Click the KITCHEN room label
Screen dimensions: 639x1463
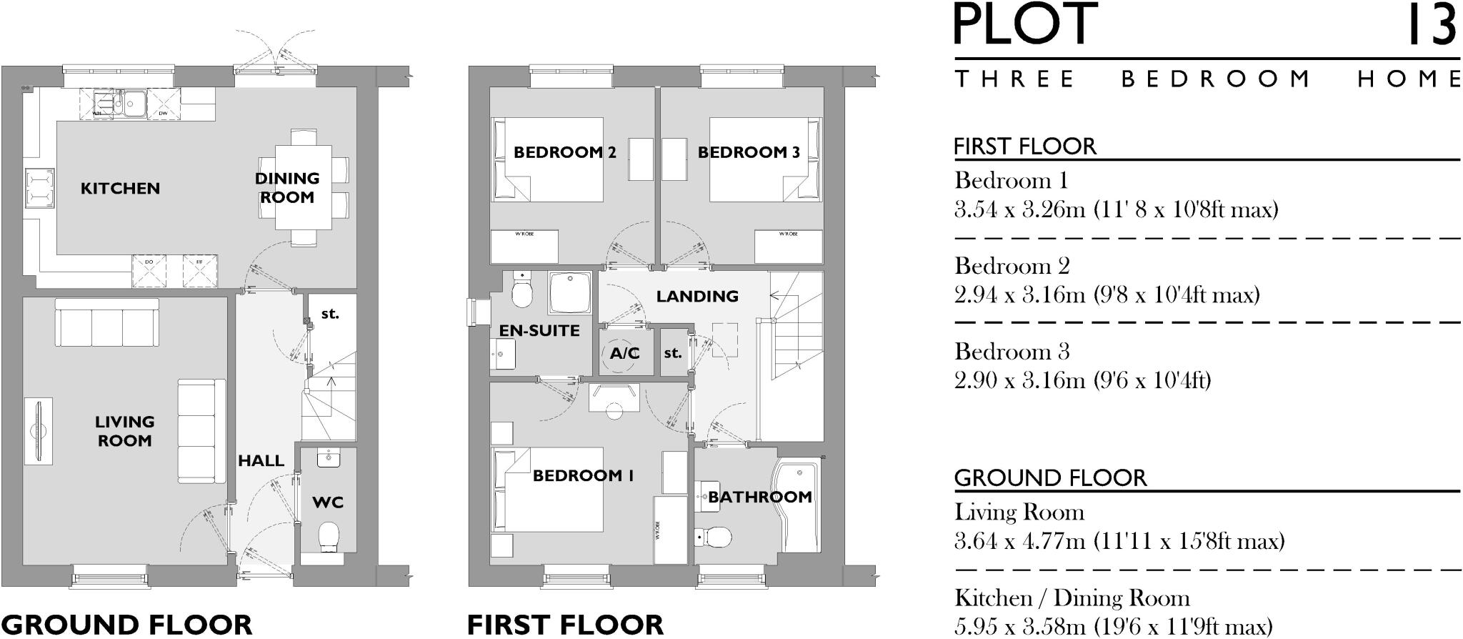(x=120, y=189)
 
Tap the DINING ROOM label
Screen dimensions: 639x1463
(x=287, y=188)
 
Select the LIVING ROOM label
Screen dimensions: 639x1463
(x=124, y=431)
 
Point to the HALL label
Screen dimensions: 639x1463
(x=261, y=461)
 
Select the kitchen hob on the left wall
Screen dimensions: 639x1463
(x=39, y=188)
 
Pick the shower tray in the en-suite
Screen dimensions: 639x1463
(x=569, y=292)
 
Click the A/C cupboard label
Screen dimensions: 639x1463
(x=625, y=353)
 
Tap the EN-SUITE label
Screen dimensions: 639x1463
(x=539, y=330)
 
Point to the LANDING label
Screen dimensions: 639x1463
(x=697, y=296)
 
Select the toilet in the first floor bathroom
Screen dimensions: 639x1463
(x=714, y=536)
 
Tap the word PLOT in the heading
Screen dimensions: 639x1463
(x=1026, y=25)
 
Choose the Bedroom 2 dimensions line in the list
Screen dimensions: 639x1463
(x=1107, y=294)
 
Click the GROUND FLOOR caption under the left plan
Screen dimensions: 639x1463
(x=126, y=624)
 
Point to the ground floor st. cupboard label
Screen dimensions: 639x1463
(x=330, y=314)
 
